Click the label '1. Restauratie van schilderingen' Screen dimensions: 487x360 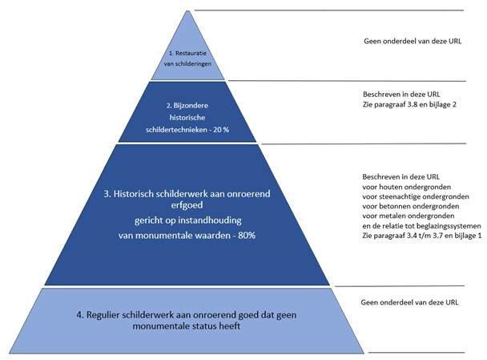[187, 59]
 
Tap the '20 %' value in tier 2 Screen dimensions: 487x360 [221, 130]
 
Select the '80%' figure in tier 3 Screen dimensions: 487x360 [247, 236]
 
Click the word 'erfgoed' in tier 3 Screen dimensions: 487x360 [187, 205]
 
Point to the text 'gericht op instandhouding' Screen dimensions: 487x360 [188, 220]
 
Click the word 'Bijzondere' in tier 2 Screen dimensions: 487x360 [191, 105]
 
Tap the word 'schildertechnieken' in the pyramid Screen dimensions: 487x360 [176, 130]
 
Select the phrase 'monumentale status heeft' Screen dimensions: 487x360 [187, 326]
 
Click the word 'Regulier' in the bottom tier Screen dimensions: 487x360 [103, 315]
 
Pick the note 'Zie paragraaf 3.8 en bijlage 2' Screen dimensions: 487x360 [409, 104]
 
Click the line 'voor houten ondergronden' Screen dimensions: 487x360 [407, 187]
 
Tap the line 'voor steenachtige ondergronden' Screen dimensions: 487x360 [416, 196]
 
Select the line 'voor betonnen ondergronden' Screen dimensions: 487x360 [411, 206]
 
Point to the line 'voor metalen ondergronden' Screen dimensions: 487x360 [409, 216]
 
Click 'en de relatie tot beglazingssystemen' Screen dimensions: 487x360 [421, 226]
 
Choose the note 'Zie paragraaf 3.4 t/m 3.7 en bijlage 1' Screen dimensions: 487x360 [422, 236]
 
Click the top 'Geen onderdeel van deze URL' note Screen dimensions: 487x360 [413, 41]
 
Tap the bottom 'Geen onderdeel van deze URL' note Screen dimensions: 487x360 [409, 302]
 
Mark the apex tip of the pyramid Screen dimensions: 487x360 [187, 11]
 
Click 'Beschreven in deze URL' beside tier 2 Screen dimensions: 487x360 [401, 94]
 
